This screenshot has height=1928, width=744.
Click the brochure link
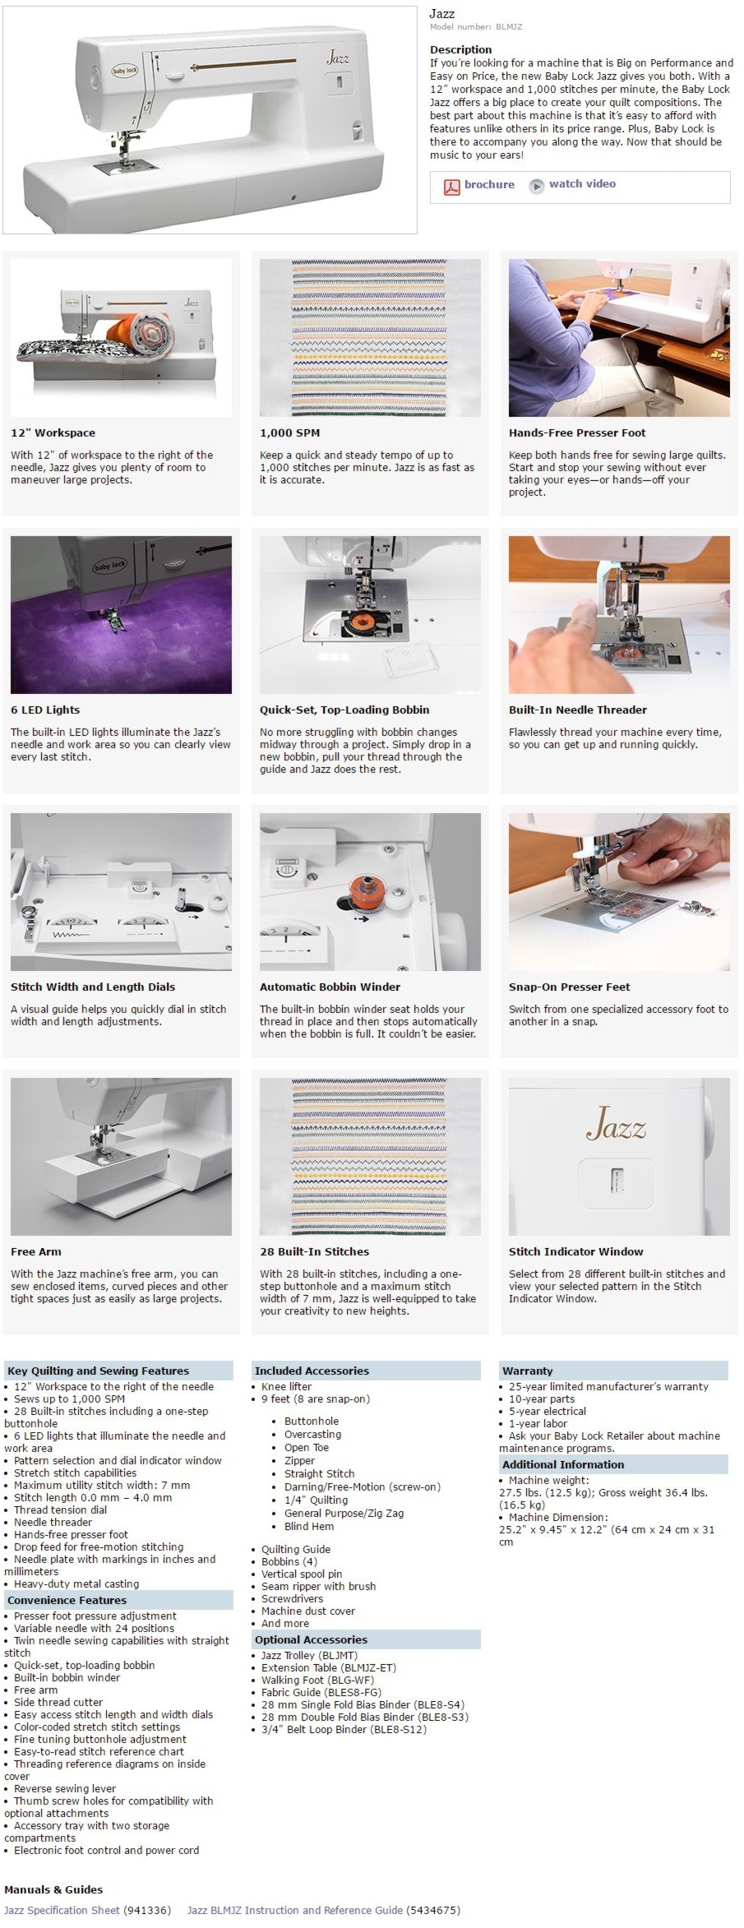tap(489, 184)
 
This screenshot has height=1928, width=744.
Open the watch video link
tap(582, 184)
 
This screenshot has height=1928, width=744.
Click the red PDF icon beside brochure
tap(451, 187)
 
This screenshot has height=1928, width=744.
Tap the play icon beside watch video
tap(537, 186)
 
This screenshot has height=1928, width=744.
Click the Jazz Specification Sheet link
tap(62, 1910)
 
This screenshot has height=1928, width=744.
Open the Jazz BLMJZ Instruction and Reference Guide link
tap(295, 1910)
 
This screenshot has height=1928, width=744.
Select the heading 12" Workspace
tap(53, 433)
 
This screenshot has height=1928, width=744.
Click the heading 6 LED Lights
tap(45, 710)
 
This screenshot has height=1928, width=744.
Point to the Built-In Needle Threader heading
tap(578, 710)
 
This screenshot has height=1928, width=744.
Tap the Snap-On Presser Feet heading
tap(570, 987)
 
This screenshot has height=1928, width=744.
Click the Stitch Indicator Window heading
tap(576, 1252)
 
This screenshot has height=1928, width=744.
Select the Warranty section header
tap(528, 1371)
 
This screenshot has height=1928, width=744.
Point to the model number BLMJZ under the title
tap(509, 27)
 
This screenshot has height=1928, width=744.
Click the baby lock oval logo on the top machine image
tap(126, 72)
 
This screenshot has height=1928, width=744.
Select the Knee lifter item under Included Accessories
tap(286, 1387)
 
